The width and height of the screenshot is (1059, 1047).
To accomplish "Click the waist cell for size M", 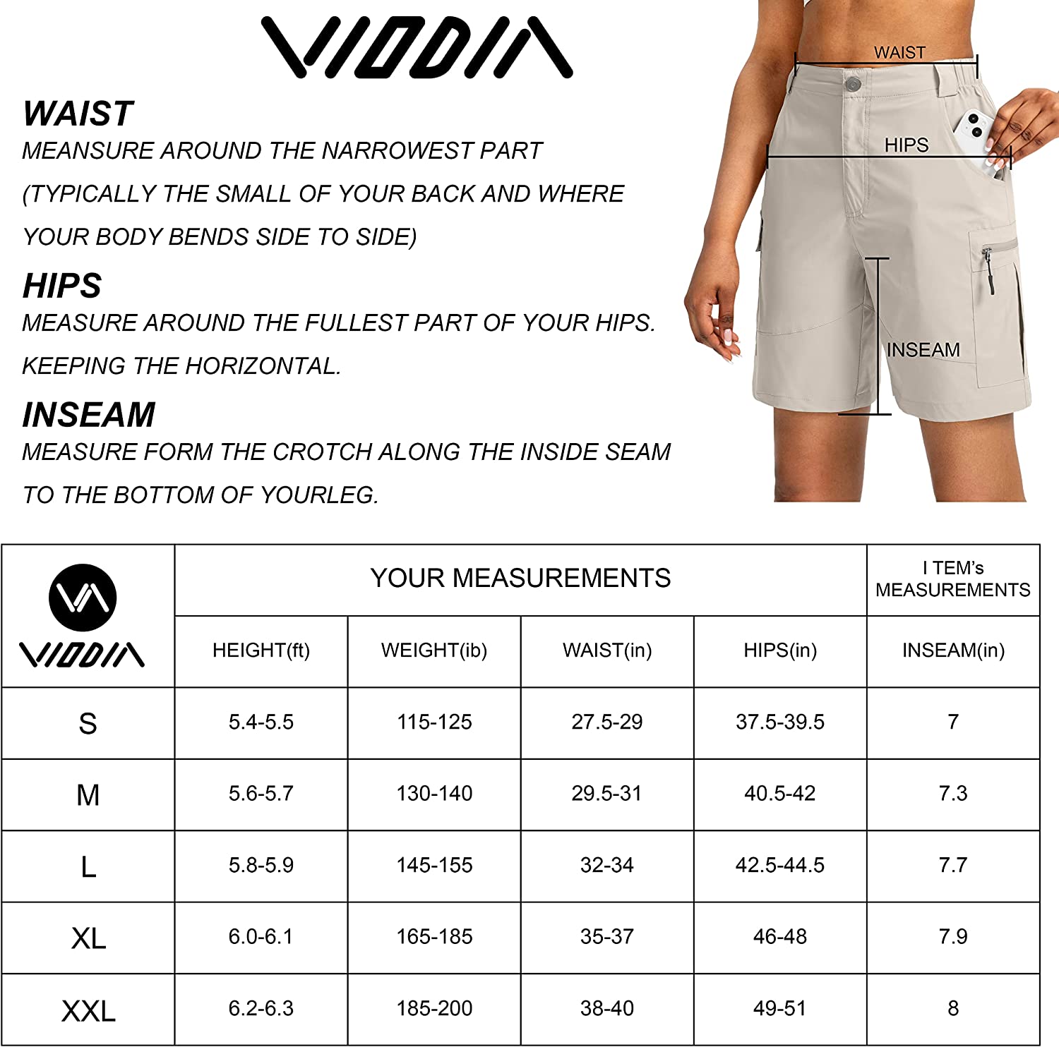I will [606, 794].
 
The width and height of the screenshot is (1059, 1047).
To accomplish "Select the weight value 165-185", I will [434, 937].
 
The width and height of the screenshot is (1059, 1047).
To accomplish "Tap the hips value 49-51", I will [779, 1008].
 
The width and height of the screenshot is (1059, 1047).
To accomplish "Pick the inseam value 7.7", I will [952, 865].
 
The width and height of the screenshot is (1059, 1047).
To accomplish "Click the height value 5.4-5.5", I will [261, 722].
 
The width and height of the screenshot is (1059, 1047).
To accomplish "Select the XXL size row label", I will [88, 1011].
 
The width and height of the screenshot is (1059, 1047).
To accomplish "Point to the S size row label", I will [88, 724].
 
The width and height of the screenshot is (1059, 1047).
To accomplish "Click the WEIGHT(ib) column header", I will [434, 650].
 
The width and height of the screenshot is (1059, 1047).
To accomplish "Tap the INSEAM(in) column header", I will [953, 650].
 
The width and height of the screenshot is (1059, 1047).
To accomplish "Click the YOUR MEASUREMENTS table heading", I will [520, 579].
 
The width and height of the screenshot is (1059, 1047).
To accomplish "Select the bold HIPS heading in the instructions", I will [62, 286].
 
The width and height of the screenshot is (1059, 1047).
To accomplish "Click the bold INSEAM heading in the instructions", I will [89, 415].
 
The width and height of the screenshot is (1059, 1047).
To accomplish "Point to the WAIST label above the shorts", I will [899, 53].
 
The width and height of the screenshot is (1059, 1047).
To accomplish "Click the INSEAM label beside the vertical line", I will [923, 350].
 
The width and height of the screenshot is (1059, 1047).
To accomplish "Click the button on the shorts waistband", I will [852, 84].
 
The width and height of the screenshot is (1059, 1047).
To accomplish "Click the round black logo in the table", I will [83, 597].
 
